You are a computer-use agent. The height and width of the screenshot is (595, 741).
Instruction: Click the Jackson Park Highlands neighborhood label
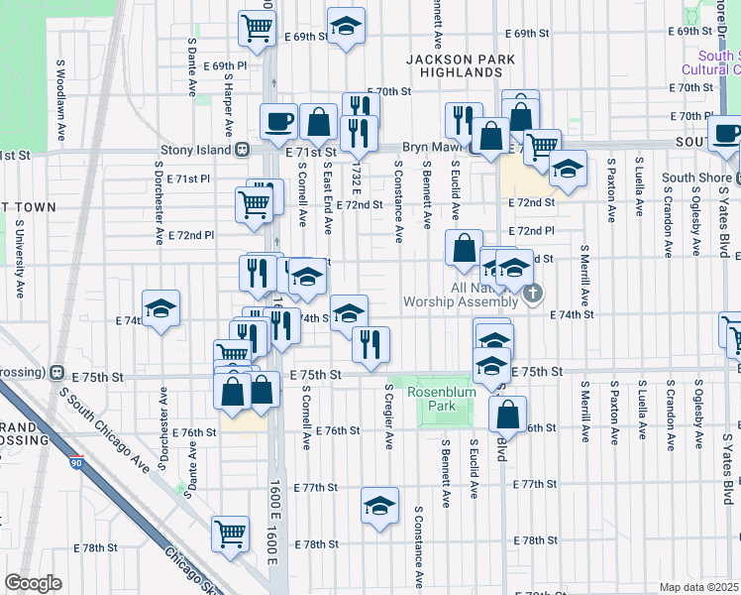pyautogui.click(x=461, y=66)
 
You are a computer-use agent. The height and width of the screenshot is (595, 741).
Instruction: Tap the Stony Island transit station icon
pyautogui.click(x=241, y=151)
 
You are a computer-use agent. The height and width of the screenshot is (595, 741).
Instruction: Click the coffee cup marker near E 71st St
pyautogui.click(x=277, y=121)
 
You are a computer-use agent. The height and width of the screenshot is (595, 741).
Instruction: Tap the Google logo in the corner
pyautogui.click(x=34, y=582)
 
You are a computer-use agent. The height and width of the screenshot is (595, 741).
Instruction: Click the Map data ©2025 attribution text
pyautogui.click(x=699, y=587)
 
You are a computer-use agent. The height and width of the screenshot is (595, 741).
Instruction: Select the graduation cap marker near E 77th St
pyautogui.click(x=379, y=506)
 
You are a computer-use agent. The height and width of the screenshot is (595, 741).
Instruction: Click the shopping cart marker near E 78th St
pyautogui.click(x=230, y=532)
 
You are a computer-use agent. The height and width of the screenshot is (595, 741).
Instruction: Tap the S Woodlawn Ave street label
pyautogui.click(x=60, y=112)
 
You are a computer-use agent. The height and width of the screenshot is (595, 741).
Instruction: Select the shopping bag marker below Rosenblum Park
pyautogui.click(x=507, y=414)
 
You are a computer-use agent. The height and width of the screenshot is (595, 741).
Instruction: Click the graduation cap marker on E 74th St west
pyautogui.click(x=160, y=308)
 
